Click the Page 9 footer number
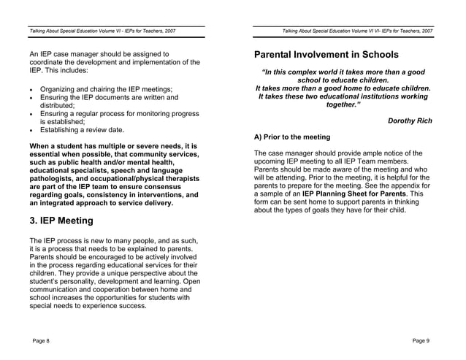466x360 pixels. [x=421, y=341]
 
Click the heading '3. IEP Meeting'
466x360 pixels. [x=61, y=221]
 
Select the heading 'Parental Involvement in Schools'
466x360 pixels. [x=326, y=55]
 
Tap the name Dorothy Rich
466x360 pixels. [x=409, y=120]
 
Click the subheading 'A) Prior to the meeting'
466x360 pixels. [x=292, y=137]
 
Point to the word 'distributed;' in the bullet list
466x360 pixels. [x=62, y=105]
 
